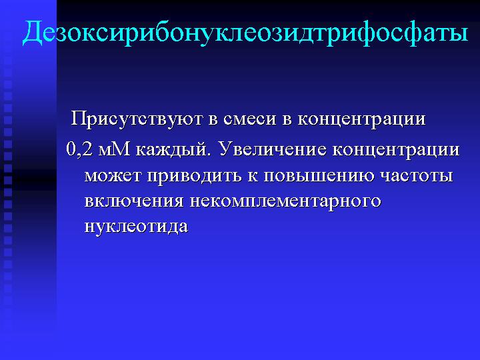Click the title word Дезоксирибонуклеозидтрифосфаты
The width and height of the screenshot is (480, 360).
tap(245, 33)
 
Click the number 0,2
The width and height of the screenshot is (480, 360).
tap(79, 150)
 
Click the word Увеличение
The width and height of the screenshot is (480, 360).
tap(272, 149)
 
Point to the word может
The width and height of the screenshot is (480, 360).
tap(113, 176)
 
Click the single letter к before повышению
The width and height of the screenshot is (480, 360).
tap(253, 176)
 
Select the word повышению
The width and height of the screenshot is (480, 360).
tap(319, 176)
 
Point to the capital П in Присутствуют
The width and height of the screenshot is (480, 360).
tap(78, 118)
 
